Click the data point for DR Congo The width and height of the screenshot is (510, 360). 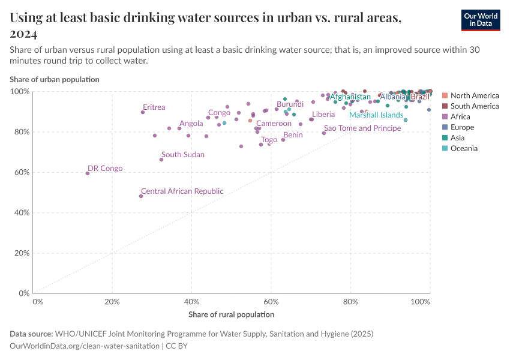pos(88,173)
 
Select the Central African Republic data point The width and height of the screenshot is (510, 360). pos(141,196)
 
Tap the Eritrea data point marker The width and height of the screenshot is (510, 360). pos(143,112)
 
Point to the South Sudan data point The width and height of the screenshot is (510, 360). pos(161,160)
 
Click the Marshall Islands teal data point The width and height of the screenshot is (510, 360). pos(406,120)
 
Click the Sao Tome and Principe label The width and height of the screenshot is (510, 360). pos(362,128)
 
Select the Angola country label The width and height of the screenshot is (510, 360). pos(191,124)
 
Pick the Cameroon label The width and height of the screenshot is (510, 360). pos(274,123)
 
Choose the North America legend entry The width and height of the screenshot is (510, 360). pos(474,95)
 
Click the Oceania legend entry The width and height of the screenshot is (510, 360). pos(464,148)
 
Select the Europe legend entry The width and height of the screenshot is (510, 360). pos(462,127)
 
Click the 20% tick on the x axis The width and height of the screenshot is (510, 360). pos(112,301)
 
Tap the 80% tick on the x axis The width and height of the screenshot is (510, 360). pos(350,301)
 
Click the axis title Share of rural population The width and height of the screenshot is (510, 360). pos(231,314)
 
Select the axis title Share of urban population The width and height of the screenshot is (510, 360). pos(55,79)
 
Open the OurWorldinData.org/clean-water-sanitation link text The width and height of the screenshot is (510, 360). pos(85,346)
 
